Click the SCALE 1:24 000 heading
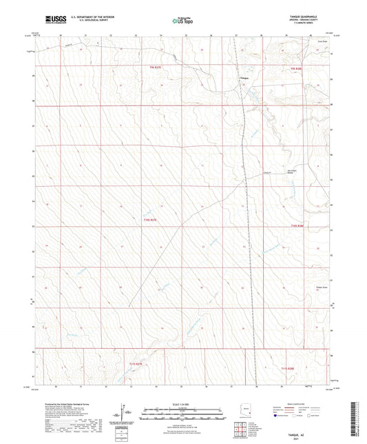(x=182, y=403)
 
